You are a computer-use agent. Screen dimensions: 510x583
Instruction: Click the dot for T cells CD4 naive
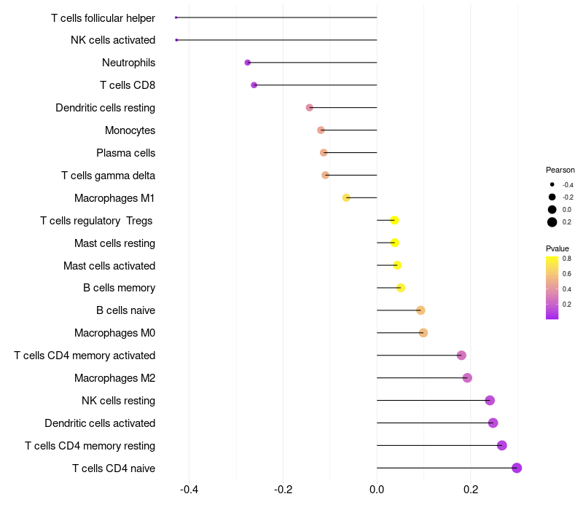click(517, 468)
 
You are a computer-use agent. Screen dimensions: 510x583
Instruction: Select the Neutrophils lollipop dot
click(248, 63)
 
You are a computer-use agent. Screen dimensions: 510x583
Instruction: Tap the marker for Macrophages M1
click(346, 197)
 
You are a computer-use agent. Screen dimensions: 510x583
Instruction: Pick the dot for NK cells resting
click(490, 400)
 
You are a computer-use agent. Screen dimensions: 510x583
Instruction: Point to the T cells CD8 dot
click(254, 85)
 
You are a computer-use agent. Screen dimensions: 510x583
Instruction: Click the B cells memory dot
click(400, 288)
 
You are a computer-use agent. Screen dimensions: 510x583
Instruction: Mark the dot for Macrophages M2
click(467, 377)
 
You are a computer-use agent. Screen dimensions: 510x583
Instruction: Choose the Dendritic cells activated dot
click(493, 423)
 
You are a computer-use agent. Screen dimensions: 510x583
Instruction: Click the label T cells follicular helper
click(103, 17)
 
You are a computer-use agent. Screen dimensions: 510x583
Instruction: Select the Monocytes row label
click(130, 130)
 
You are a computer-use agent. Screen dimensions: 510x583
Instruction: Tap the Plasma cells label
click(125, 153)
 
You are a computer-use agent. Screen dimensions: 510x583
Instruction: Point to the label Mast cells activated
click(109, 265)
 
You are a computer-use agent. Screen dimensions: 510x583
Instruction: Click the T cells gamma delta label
click(108, 176)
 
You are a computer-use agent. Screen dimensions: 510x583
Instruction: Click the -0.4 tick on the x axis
click(189, 489)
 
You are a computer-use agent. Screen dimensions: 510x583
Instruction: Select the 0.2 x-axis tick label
click(471, 489)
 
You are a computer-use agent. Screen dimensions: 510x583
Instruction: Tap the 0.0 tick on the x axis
click(377, 489)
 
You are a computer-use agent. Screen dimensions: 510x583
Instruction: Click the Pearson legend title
click(560, 170)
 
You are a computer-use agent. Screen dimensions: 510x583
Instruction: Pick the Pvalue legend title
click(557, 248)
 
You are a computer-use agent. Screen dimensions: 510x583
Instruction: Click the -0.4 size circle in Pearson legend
click(552, 184)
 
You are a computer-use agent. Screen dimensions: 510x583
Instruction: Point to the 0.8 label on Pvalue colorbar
click(567, 258)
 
